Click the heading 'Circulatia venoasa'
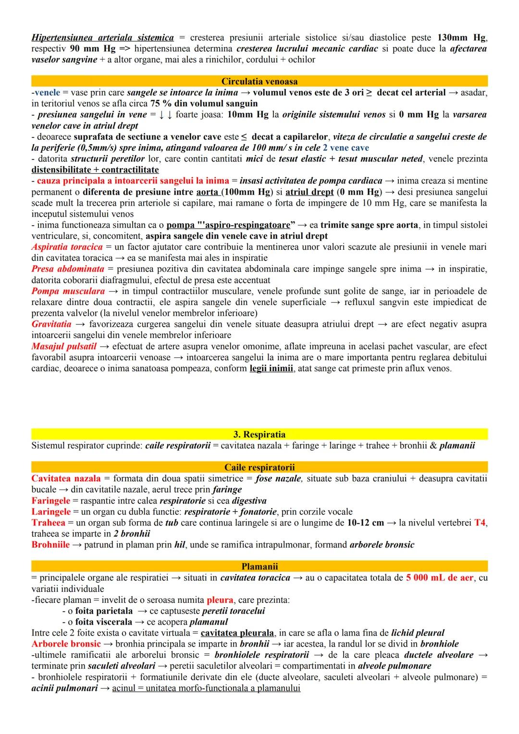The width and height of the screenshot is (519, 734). pyautogui.click(x=259, y=82)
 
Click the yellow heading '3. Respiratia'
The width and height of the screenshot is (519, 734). pyautogui.click(x=259, y=435)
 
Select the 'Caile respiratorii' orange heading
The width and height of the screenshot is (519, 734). pyautogui.click(x=259, y=467)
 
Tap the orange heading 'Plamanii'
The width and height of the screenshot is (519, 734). pyautogui.click(x=259, y=566)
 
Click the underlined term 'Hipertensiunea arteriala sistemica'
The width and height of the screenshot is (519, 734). pyautogui.click(x=102, y=37)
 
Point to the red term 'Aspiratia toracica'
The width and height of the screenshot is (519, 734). pyautogui.click(x=67, y=247)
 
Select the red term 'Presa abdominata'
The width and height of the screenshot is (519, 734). pyautogui.click(x=68, y=269)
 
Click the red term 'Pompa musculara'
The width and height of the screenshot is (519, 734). pyautogui.click(x=68, y=291)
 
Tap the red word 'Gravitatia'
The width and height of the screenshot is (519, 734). pyautogui.click(x=52, y=324)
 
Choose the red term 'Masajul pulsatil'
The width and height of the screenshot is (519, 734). pyautogui.click(x=64, y=346)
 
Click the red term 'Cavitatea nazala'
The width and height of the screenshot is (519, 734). pyautogui.click(x=66, y=478)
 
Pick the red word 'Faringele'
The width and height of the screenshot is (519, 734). pyautogui.click(x=50, y=501)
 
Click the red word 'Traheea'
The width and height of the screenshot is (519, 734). pyautogui.click(x=48, y=523)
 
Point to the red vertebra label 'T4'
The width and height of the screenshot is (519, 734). pyautogui.click(x=480, y=523)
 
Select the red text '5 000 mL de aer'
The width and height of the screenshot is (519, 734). pyautogui.click(x=439, y=578)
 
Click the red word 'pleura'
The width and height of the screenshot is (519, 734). pyautogui.click(x=220, y=600)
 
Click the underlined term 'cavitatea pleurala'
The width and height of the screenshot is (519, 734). pyautogui.click(x=237, y=633)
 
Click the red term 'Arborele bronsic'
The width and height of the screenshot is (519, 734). pyautogui.click(x=66, y=644)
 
